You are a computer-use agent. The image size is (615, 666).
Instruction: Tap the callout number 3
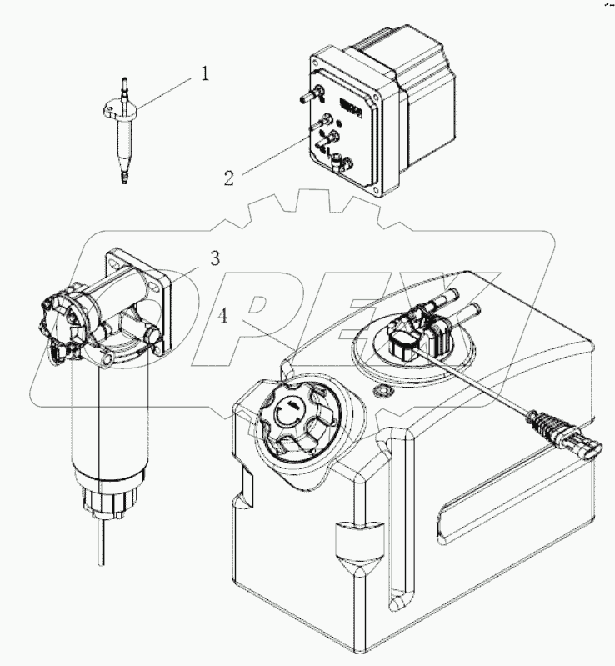point(214,259)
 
